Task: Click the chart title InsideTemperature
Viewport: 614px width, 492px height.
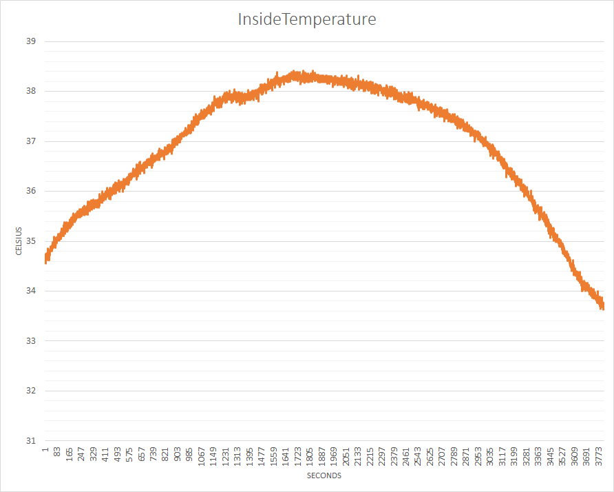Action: pyautogui.click(x=307, y=19)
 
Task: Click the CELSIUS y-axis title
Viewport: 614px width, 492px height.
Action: pyautogui.click(x=20, y=241)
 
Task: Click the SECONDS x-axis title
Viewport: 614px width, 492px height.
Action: pyautogui.click(x=324, y=475)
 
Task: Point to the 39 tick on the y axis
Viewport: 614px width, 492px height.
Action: pyautogui.click(x=30, y=41)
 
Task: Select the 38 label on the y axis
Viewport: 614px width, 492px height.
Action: pyautogui.click(x=30, y=91)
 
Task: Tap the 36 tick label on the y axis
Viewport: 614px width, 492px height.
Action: pyautogui.click(x=30, y=191)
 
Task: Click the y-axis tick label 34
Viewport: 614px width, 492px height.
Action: pyautogui.click(x=30, y=291)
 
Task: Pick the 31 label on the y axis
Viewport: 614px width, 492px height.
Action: pyautogui.click(x=30, y=440)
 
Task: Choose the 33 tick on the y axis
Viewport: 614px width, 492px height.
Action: pyautogui.click(x=30, y=340)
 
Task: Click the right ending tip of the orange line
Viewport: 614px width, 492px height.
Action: pyautogui.click(x=603, y=305)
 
